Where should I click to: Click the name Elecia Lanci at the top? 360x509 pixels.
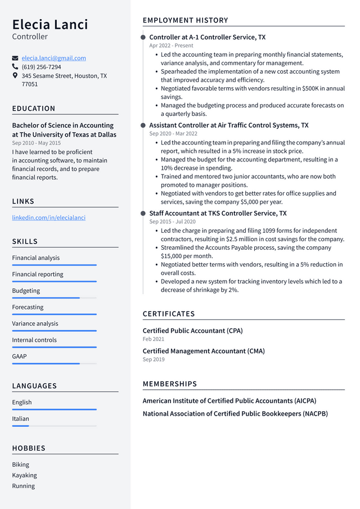(x=50, y=24)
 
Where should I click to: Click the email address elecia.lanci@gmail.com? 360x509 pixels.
(x=53, y=58)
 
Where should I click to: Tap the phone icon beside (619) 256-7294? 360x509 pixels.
(x=15, y=66)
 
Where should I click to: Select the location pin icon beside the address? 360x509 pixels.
(x=15, y=75)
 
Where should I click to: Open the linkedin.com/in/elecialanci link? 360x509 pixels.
(x=49, y=218)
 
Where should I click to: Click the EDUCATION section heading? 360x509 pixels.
(x=34, y=109)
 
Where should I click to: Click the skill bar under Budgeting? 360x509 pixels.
(x=54, y=298)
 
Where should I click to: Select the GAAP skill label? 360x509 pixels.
(x=19, y=356)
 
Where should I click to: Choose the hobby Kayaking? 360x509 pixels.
(x=24, y=475)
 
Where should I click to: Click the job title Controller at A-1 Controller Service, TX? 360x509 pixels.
(x=207, y=37)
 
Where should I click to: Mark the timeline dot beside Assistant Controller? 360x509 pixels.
(x=143, y=125)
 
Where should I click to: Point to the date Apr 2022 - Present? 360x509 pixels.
(x=171, y=46)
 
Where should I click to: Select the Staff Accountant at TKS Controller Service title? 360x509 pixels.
(x=218, y=213)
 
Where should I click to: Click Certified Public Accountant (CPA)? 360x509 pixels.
(x=192, y=331)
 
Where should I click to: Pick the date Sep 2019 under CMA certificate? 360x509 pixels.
(x=154, y=359)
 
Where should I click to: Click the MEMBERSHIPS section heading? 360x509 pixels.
(x=170, y=384)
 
